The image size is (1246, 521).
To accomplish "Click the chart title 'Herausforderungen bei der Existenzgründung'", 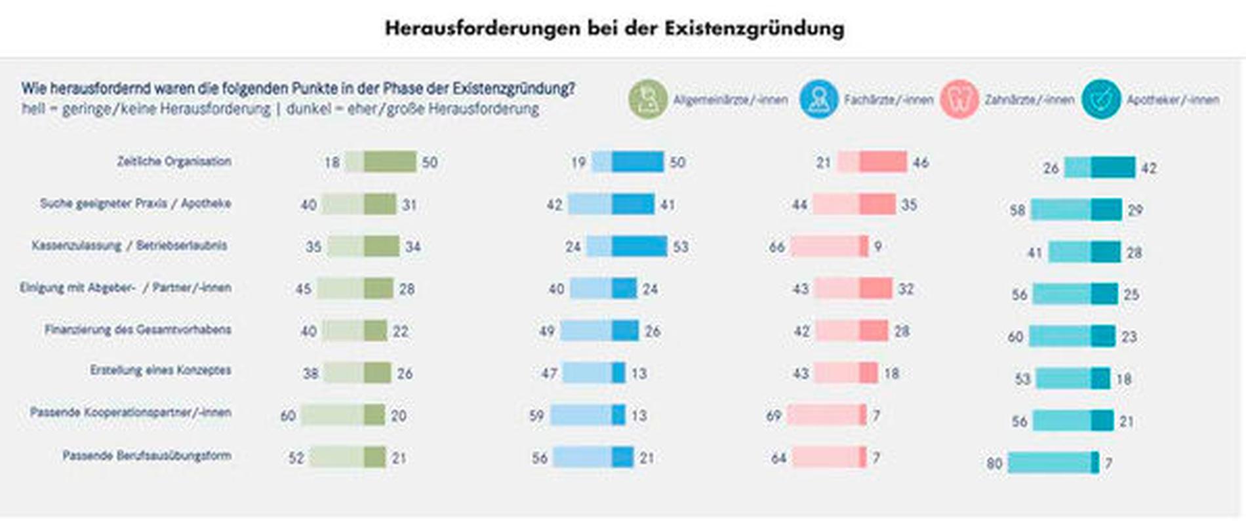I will pyautogui.click(x=614, y=28).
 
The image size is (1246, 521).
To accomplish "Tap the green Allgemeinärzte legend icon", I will pyautogui.click(x=648, y=100).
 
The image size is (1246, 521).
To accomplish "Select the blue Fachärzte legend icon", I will pyautogui.click(x=818, y=100).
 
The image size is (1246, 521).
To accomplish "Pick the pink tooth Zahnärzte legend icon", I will pyautogui.click(x=959, y=100).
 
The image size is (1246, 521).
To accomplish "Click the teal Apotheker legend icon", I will pyautogui.click(x=1101, y=100).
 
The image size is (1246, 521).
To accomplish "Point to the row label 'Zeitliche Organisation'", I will pyautogui.click(x=174, y=161).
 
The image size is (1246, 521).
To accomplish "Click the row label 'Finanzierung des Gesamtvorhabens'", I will pyautogui.click(x=138, y=330).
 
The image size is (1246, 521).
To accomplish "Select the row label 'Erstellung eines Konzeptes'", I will pyautogui.click(x=161, y=370).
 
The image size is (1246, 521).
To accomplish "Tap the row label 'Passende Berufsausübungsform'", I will pyautogui.click(x=147, y=455).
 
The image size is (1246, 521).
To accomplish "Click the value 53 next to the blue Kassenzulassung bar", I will pyautogui.click(x=681, y=247).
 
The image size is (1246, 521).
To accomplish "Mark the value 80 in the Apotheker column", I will pyautogui.click(x=994, y=463).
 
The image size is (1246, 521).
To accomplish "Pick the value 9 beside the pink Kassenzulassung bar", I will pyautogui.click(x=877, y=247).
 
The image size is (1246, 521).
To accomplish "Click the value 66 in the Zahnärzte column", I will pyautogui.click(x=777, y=247).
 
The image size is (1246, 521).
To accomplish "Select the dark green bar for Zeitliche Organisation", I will pyautogui.click(x=390, y=162).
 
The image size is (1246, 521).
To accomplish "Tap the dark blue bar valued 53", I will pyautogui.click(x=639, y=246).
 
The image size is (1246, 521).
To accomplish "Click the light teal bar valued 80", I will pyautogui.click(x=1049, y=463).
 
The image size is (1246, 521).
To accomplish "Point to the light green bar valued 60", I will pyautogui.click(x=332, y=415).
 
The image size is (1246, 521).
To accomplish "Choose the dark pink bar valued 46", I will pyautogui.click(x=883, y=162).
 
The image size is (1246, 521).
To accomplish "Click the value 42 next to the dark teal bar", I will pyautogui.click(x=1148, y=168).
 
